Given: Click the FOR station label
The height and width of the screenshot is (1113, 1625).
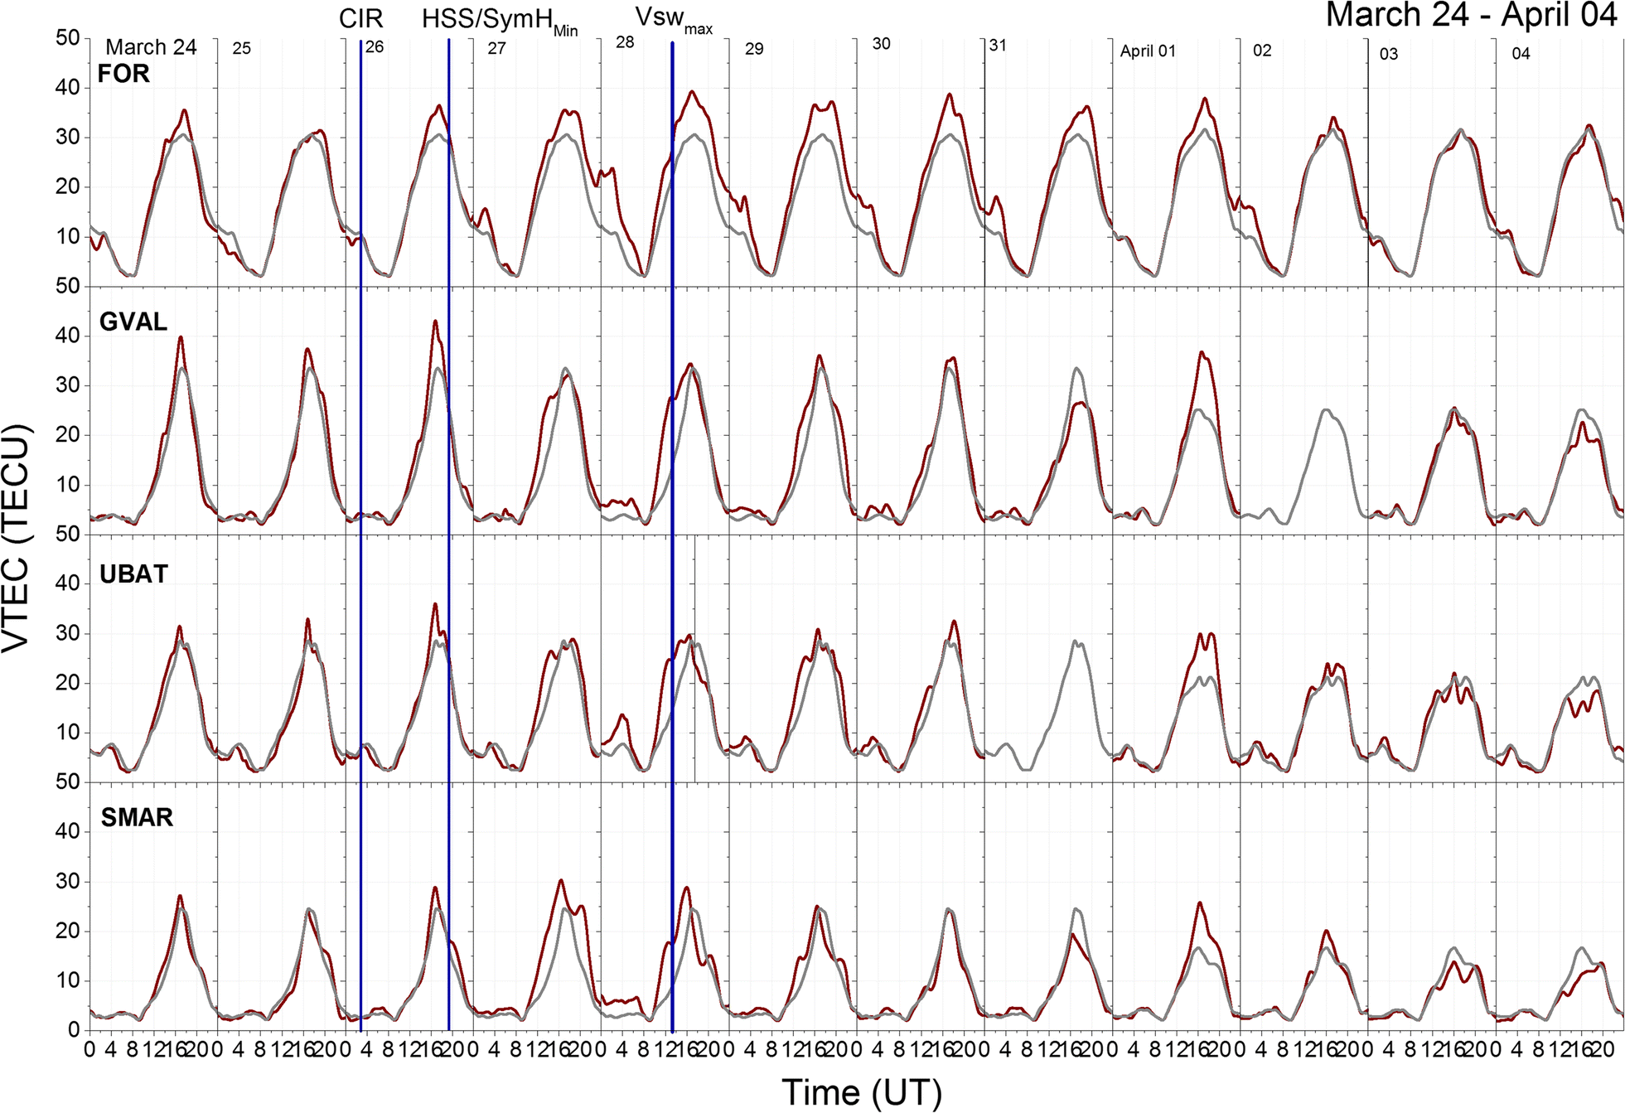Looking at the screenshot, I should [123, 74].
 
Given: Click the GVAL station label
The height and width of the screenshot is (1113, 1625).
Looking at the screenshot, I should [133, 322].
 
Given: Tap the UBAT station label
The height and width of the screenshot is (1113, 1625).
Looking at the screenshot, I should [133, 573].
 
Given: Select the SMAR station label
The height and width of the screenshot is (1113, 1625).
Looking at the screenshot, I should [137, 818].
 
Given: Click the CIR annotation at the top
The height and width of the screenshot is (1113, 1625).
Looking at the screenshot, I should [360, 18].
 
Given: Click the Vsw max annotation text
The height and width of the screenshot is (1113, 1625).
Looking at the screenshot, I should [673, 19].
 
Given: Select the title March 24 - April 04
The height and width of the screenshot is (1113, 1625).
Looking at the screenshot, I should [1471, 16].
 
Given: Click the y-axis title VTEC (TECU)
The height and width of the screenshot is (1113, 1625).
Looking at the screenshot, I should [17, 539].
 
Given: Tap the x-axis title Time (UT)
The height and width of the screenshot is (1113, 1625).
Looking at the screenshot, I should [861, 1091].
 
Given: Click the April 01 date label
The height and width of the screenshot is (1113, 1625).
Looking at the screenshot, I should [1148, 51].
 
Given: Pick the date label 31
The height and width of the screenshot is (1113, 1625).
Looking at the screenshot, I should [998, 46].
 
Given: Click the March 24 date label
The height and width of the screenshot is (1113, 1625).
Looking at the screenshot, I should [151, 47].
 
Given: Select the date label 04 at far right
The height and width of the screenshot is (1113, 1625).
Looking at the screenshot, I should [1521, 54].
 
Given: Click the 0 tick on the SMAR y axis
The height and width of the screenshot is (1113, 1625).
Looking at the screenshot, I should [74, 1030].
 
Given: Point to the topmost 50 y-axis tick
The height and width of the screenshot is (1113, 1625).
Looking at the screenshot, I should [68, 37].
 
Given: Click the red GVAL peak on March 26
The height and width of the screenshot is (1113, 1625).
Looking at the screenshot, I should [435, 321].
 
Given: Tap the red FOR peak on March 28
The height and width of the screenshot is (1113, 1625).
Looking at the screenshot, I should [692, 92].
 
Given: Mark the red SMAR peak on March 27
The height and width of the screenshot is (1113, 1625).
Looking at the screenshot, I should [561, 880].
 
